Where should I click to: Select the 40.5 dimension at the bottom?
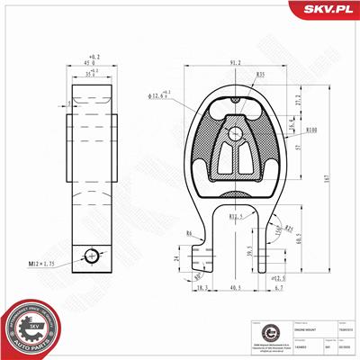coord(236,287)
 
